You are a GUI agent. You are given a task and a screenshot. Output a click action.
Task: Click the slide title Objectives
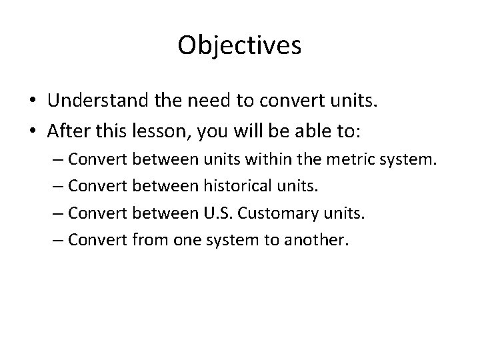pyautogui.click(x=239, y=46)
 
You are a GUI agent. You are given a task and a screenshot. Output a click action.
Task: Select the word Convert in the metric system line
pyautogui.click(x=99, y=160)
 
